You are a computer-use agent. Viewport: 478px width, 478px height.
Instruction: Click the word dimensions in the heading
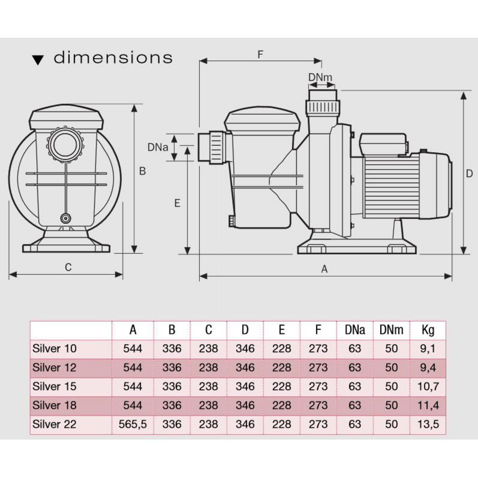113,58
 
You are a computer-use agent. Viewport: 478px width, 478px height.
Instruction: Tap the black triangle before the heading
38,60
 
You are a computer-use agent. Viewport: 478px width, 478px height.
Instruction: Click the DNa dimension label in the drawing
157,147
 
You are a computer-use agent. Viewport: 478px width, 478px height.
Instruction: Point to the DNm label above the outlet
320,77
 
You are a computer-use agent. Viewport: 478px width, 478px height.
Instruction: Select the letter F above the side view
261,55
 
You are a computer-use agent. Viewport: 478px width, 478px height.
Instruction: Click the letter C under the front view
68,267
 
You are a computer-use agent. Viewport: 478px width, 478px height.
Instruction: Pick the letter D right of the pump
469,174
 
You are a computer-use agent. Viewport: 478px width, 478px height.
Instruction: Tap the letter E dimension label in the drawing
177,203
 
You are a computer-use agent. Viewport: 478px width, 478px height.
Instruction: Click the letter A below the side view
324,270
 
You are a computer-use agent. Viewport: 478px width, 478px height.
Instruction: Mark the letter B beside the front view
142,171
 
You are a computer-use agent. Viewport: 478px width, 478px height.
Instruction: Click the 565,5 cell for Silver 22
133,424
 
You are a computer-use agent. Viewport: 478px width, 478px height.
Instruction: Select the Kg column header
428,330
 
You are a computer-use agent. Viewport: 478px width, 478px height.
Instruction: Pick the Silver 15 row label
55,386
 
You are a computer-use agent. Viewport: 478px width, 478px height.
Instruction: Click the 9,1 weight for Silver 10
428,349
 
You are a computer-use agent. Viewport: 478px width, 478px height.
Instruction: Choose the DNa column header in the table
355,330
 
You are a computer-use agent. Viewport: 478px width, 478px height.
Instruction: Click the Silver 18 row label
55,405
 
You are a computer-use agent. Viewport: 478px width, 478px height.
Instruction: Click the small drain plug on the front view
65,218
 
